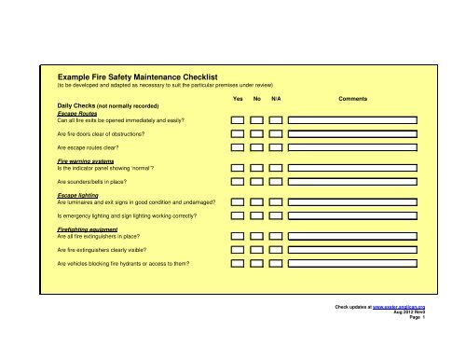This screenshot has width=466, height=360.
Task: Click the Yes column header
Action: tap(238, 97)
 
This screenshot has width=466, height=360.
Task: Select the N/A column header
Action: tap(276, 97)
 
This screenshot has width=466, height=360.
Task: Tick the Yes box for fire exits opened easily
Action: tap(238, 120)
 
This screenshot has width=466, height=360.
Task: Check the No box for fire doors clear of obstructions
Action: tap(257, 133)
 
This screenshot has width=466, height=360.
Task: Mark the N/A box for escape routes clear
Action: tap(276, 147)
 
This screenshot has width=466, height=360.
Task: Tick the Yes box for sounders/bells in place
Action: tap(238, 181)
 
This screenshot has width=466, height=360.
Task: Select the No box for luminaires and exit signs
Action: tap(257, 202)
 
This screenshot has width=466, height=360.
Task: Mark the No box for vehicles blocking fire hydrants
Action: tap(257, 264)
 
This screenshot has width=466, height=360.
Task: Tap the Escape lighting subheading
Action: tap(81, 195)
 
